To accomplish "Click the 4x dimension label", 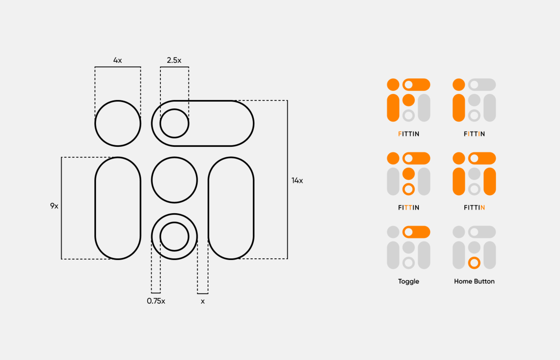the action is click(117, 60).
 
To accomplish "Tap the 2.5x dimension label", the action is click(174, 60).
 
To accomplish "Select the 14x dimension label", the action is click(297, 180).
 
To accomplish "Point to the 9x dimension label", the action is click(54, 206).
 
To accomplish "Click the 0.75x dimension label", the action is click(156, 301).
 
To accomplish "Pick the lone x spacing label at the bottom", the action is click(203, 301).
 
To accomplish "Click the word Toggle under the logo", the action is click(408, 281).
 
